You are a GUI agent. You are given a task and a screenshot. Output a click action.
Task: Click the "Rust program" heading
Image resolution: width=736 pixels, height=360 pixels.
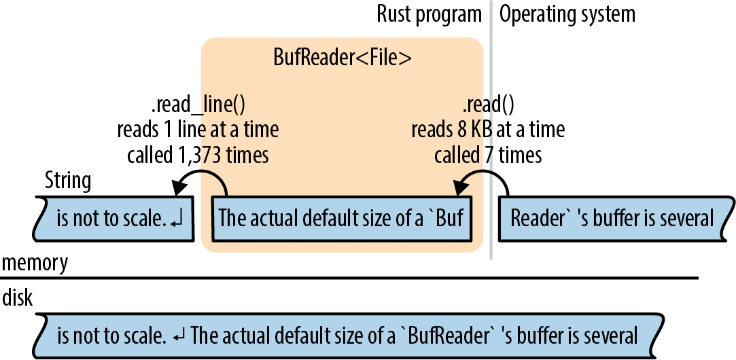coord(429,14)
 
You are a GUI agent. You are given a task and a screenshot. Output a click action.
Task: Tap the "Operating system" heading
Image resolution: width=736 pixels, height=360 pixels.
coord(567,14)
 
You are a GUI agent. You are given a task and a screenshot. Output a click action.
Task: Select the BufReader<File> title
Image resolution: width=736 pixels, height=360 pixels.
coord(342,58)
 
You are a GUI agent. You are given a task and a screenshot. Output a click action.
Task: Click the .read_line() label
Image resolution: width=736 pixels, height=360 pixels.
coord(197,105)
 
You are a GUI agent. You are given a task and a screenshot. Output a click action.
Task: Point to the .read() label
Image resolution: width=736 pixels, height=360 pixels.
coord(488,105)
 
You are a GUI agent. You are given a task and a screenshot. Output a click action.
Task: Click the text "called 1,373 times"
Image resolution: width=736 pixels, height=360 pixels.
coord(198,155)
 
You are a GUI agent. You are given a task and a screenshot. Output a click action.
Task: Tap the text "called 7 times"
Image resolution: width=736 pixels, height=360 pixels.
coord(488,155)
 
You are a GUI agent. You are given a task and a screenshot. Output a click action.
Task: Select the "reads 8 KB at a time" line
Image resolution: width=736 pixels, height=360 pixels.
coord(488,130)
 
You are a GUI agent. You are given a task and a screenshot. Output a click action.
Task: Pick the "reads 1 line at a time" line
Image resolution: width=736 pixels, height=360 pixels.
coord(198,130)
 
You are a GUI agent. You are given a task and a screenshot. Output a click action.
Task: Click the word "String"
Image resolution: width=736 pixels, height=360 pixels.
coord(67,181)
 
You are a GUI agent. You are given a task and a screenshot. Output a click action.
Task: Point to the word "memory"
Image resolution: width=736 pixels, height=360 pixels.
coord(35,263)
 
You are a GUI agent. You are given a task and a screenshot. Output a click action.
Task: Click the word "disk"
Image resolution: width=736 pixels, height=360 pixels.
coord(18,298)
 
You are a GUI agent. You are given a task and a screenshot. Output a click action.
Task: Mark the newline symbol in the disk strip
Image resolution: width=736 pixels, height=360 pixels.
coord(179,336)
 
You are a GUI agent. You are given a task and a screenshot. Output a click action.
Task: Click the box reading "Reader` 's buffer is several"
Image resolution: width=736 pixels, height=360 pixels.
coord(612,219)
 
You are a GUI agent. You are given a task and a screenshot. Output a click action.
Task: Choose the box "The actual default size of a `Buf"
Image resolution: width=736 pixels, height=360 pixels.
coord(341,219)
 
